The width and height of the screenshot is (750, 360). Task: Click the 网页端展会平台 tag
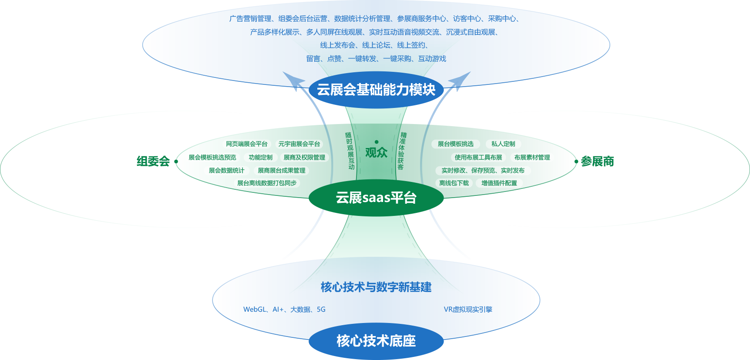coord(247,144)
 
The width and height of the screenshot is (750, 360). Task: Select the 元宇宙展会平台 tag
coord(299,144)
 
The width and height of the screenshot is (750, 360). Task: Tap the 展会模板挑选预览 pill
coord(212,158)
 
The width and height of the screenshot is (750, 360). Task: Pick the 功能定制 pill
coord(261,158)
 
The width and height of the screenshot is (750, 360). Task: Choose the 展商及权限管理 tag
coord(304,158)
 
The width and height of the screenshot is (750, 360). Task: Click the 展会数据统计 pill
coord(226,171)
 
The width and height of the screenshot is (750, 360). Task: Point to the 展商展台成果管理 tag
coord(282,171)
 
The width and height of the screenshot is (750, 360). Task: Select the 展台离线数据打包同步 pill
coord(267,183)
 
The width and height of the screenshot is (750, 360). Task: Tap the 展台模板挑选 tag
coord(455,144)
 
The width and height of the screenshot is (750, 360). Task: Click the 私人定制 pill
coord(503,144)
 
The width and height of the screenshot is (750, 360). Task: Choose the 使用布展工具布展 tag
coord(478,158)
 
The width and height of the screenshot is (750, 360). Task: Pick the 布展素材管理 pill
coord(532,158)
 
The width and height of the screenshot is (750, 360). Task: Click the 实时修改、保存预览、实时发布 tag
coord(483,171)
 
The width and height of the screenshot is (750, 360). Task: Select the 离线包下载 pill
coord(454,183)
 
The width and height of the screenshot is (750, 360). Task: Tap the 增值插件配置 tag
coord(499,183)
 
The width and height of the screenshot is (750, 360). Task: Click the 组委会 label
coord(153,161)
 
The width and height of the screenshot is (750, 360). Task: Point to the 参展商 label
coord(597,161)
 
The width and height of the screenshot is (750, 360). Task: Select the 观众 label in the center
coord(376,152)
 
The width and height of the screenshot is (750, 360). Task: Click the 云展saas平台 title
coord(376,198)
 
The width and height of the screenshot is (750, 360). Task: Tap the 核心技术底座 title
coord(376,341)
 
